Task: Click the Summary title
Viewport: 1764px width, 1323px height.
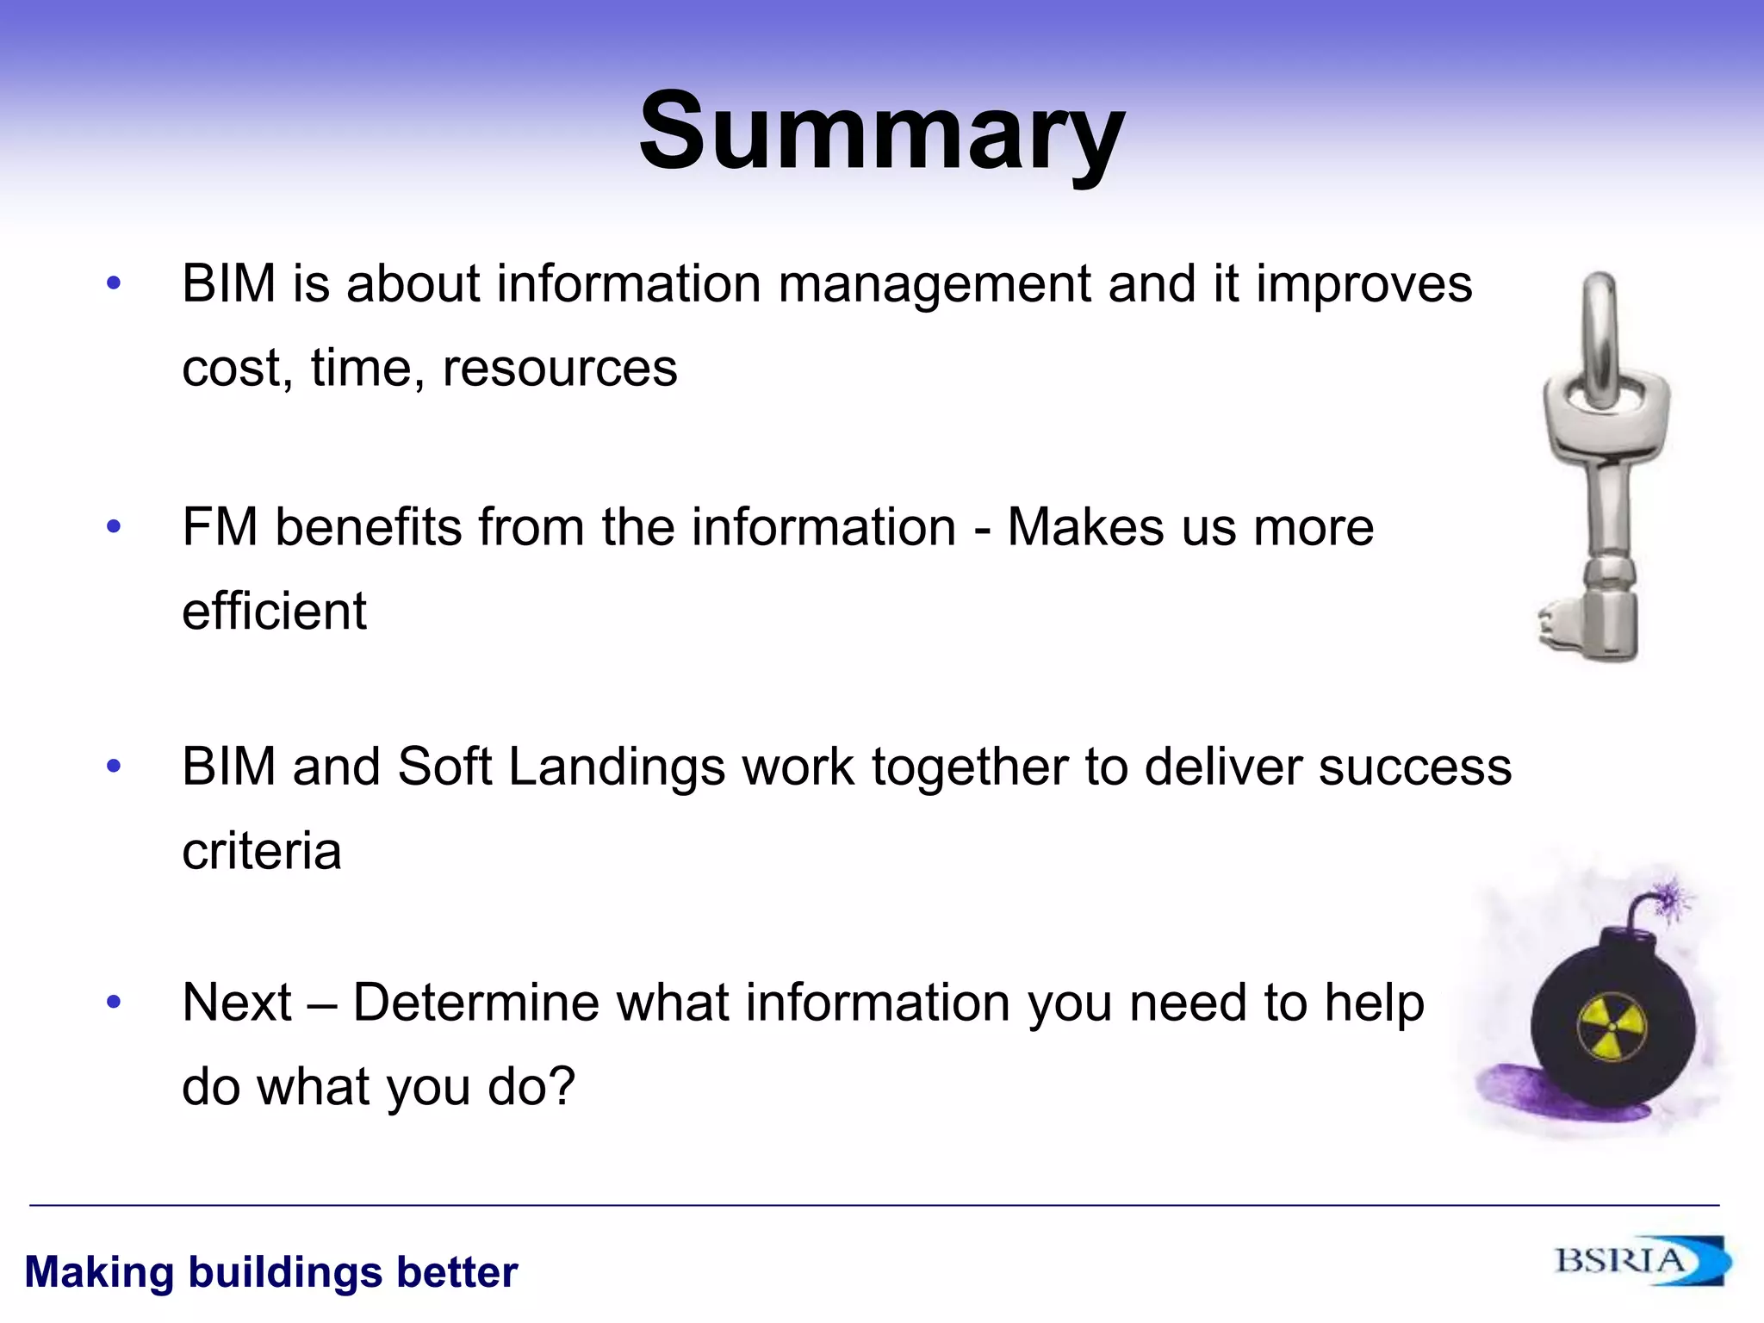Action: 881,134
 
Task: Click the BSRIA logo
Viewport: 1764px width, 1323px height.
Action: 1641,1262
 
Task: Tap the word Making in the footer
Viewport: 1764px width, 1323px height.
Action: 100,1272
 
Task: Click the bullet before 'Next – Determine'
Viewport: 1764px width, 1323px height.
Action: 114,1001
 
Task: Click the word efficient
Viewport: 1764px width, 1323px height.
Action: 274,611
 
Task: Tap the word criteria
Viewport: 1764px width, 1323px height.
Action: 262,851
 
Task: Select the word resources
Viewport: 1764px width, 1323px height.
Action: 560,369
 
